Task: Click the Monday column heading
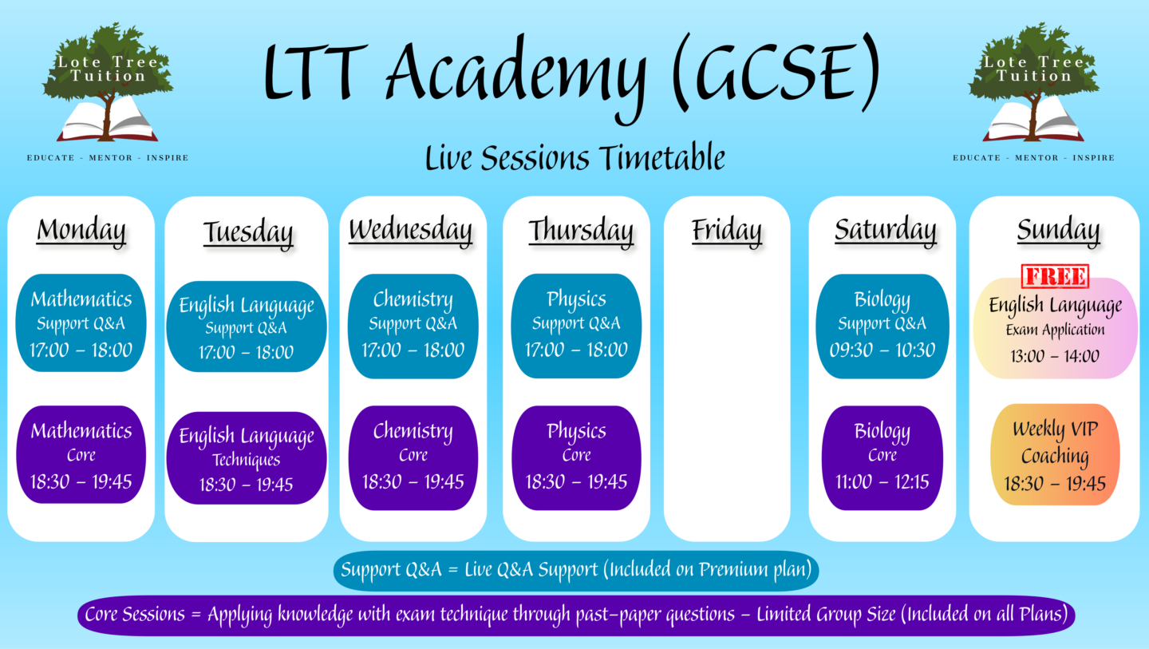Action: [81, 232]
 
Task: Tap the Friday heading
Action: [726, 232]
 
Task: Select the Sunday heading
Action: [1058, 232]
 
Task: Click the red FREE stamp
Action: [1055, 276]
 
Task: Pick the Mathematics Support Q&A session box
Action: [81, 323]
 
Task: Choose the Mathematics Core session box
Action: [81, 454]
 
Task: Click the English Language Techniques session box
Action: [247, 458]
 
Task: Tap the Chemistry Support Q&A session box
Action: [413, 326]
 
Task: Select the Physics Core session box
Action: [576, 457]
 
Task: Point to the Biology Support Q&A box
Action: [882, 326]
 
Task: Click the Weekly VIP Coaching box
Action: [1055, 454]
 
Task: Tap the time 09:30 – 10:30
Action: [882, 350]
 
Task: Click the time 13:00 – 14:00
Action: [1055, 355]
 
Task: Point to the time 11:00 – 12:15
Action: [882, 481]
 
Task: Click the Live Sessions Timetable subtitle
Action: [575, 157]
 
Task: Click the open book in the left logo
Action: [107, 121]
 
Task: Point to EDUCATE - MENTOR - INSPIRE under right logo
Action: [1033, 158]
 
